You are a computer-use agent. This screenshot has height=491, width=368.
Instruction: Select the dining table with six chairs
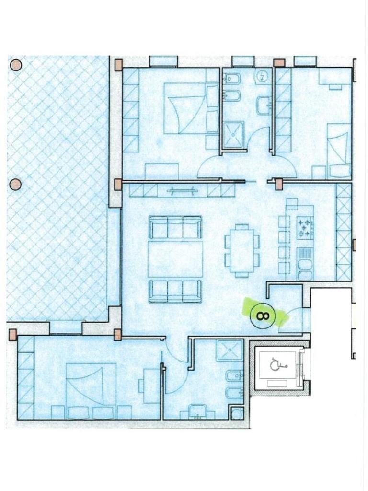click(242, 250)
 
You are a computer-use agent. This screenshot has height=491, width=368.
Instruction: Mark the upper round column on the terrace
click(16, 65)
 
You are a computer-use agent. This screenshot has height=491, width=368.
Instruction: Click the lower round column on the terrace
click(16, 184)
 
